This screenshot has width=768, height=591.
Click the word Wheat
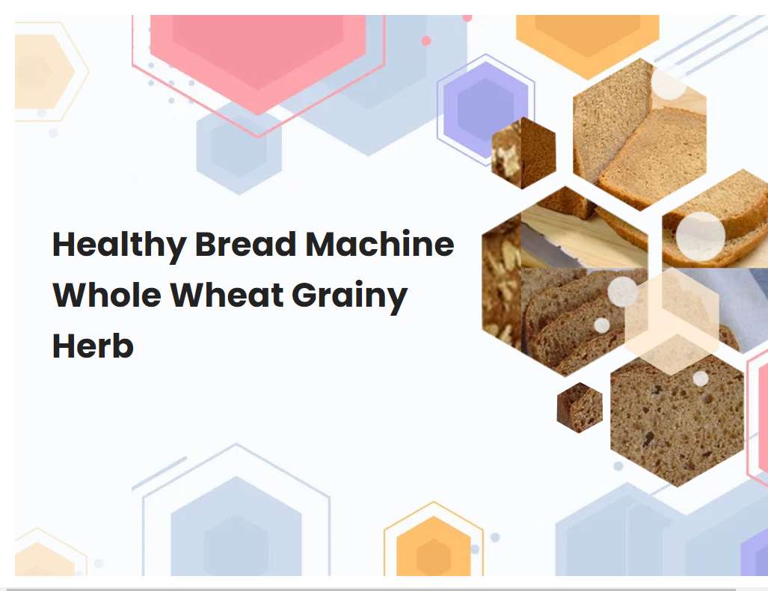click(x=227, y=295)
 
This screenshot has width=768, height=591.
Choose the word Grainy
click(x=349, y=297)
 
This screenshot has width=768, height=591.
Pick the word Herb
click(x=93, y=346)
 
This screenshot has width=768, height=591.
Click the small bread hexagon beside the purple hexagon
click(x=523, y=153)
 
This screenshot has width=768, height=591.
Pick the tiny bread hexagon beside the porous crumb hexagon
click(x=580, y=407)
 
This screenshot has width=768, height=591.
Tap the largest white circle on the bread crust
click(x=701, y=236)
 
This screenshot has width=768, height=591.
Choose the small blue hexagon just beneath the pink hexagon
click(x=239, y=146)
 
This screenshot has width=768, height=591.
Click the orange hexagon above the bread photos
click(x=587, y=37)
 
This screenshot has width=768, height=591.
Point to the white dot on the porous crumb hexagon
click(x=701, y=379)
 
